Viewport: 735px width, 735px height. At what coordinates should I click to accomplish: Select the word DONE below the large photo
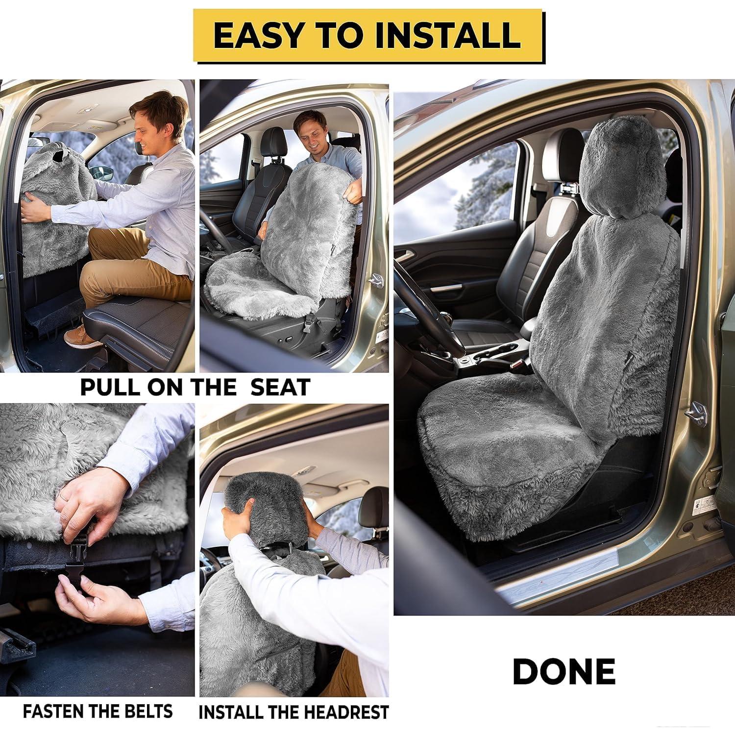[x=563, y=672]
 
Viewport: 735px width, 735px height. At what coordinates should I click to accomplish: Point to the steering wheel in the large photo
[x=431, y=314]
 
